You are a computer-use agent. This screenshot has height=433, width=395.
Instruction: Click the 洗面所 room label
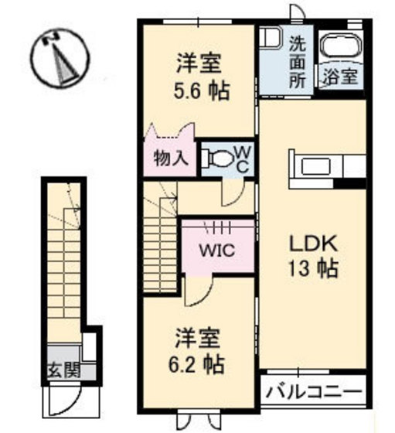pos(298,63)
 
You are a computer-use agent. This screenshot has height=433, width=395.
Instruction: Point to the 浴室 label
pos(340,76)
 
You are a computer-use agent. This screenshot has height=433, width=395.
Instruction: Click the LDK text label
pos(313,244)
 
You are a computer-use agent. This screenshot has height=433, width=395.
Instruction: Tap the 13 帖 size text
pos(313,268)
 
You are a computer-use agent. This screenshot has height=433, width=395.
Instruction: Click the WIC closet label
pos(217,251)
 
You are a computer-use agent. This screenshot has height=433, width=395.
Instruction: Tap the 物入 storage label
pos(171,159)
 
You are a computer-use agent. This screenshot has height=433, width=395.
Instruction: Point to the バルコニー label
pos(314,391)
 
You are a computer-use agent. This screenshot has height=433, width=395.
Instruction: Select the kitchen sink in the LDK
pos(316,166)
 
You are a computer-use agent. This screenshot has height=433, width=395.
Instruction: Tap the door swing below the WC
pos(233,193)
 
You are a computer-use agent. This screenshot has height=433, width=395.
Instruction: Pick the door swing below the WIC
pos(199,291)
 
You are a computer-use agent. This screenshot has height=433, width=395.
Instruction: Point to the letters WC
pos(243,159)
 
